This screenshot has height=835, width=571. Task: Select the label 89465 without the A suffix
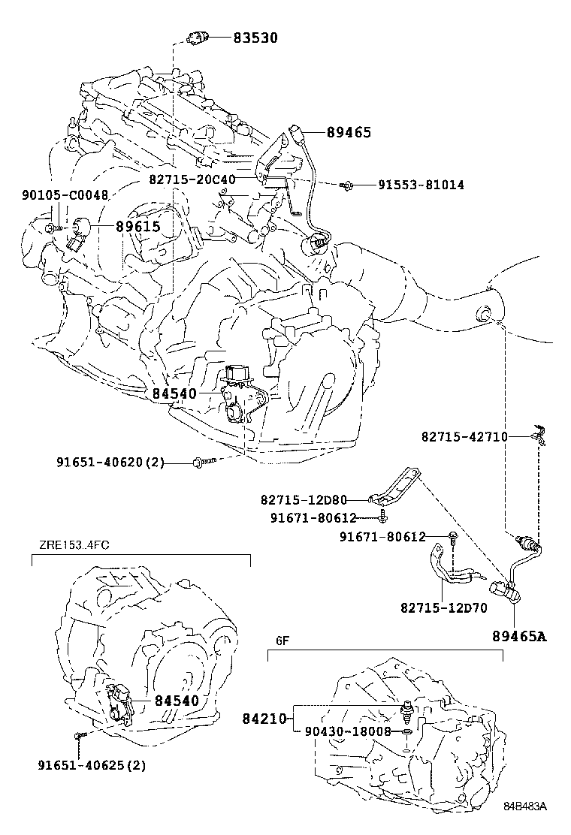point(349,132)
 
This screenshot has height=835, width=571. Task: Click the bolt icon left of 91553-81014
point(346,184)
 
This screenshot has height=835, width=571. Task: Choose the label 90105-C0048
point(65,195)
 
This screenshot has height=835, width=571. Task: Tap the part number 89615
point(137,225)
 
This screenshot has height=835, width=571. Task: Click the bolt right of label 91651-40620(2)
point(203,462)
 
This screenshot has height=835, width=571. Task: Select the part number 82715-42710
point(464,436)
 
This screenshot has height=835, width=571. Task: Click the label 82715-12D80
point(315,499)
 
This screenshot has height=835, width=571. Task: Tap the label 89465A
point(519,637)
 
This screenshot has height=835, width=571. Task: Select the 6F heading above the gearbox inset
point(282,641)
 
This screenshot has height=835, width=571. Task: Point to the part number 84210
point(264,719)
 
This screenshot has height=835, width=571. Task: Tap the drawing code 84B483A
point(524,806)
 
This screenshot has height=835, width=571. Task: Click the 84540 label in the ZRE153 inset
point(177,701)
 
